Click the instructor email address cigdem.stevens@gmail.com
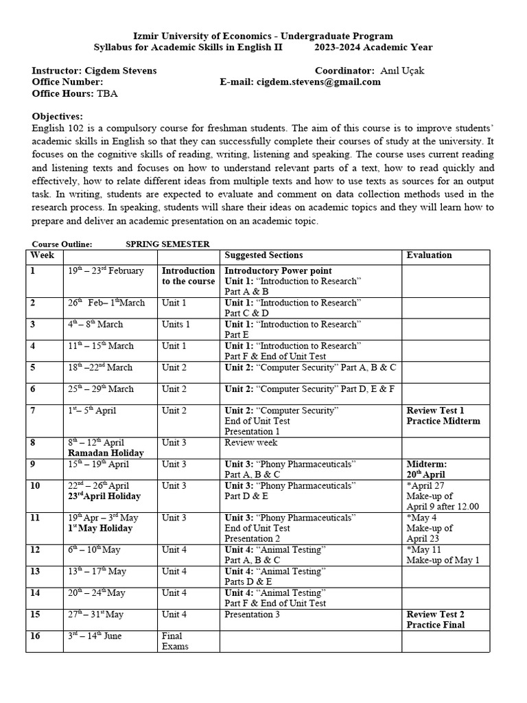(318, 82)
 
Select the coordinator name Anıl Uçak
(401, 71)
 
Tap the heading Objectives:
(58, 117)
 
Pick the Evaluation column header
(429, 255)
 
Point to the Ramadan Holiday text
(106, 453)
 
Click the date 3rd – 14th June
(95, 636)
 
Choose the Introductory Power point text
(278, 271)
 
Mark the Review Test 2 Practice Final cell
(435, 619)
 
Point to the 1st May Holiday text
(100, 529)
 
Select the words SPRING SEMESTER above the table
(167, 244)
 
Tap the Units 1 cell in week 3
(176, 325)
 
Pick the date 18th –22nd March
(101, 368)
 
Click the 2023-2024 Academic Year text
(373, 47)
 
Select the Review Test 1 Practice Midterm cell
(443, 415)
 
